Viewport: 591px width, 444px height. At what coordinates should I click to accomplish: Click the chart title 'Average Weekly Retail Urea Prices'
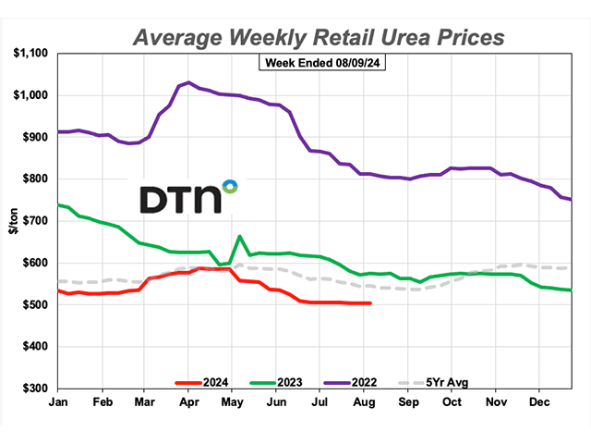point(320,37)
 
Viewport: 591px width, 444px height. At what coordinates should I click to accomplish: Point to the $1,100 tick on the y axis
point(35,54)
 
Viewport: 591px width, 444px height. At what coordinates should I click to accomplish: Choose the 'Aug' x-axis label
point(365,403)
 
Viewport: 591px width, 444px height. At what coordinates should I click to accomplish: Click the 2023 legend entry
point(282,381)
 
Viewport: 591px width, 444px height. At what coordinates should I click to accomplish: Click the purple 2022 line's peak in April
point(188,82)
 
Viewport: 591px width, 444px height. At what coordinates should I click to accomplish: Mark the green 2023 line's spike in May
point(240,237)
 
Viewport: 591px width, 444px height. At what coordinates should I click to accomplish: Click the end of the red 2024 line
point(370,303)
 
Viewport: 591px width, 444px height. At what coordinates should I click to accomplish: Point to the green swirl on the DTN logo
point(230,187)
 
